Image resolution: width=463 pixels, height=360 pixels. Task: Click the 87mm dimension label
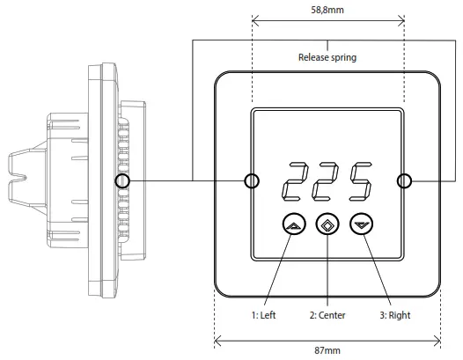point(327,350)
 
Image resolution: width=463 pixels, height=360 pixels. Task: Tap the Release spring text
point(327,60)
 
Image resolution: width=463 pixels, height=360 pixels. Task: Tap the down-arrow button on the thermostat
point(360,225)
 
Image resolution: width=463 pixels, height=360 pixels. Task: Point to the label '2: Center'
point(327,314)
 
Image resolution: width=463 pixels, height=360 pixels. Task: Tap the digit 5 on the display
point(358,181)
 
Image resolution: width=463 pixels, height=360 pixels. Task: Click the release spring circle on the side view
point(122,181)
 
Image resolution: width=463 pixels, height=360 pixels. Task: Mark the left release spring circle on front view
point(252,181)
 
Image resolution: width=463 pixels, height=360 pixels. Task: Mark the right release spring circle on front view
point(404,181)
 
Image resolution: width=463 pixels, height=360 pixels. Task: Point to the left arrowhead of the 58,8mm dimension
point(255,19)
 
